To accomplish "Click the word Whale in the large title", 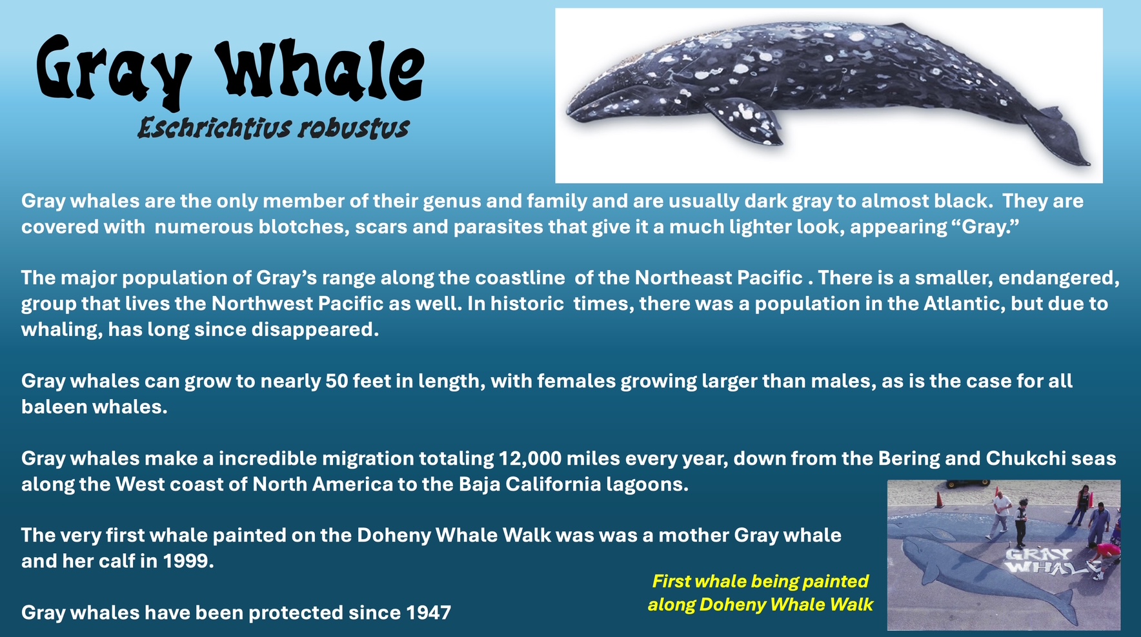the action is (320, 70).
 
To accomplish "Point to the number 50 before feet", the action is (337, 381).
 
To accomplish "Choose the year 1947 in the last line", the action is (429, 612).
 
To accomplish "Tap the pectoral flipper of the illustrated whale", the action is (749, 121).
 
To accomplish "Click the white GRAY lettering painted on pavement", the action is (1038, 554).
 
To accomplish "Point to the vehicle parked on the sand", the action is (967, 483).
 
